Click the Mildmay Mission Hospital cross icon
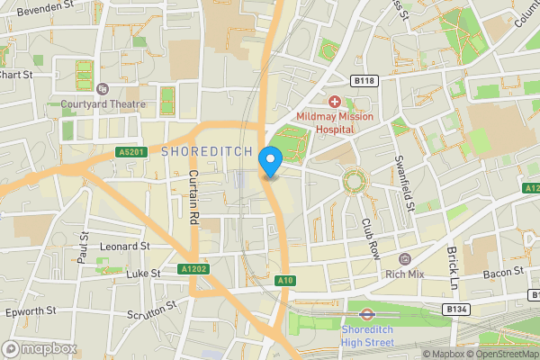tap(334, 102)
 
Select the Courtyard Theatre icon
tap(102, 88)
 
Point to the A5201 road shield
tap(131, 153)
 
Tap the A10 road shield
tap(285, 281)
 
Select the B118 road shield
tap(363, 80)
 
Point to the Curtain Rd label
tap(193, 200)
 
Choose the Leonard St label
tap(125, 246)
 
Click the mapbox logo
tap(40, 348)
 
